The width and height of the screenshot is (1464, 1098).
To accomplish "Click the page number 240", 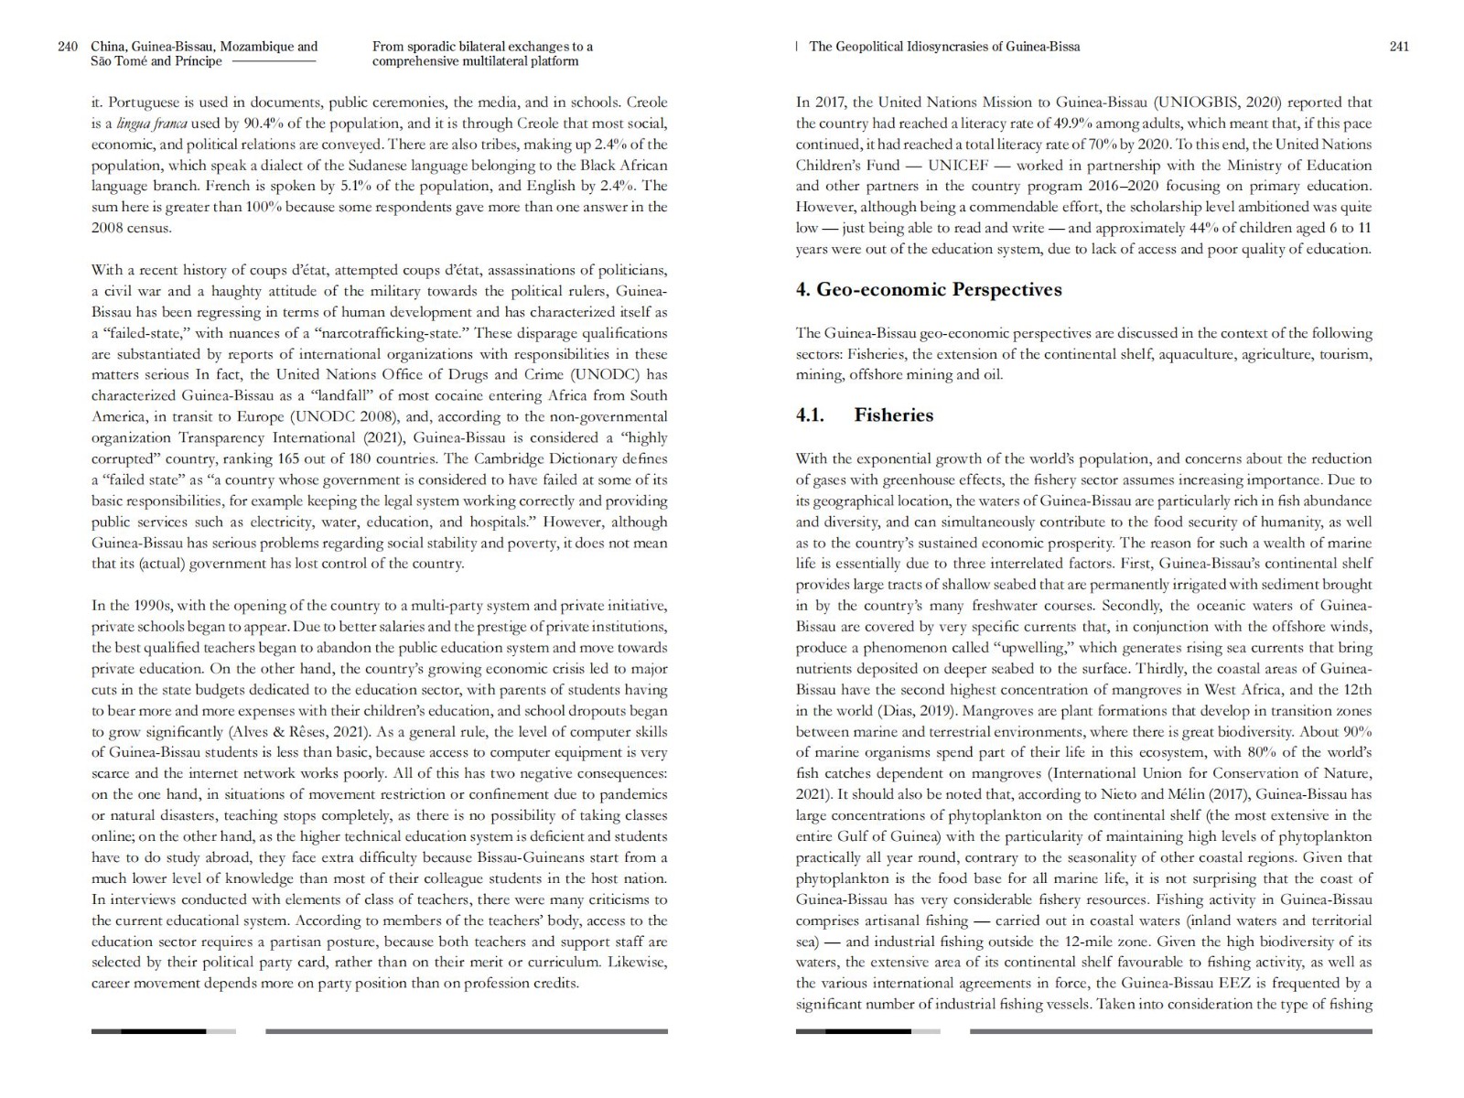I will tap(67, 47).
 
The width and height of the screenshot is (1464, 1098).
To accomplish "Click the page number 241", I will tap(1398, 47).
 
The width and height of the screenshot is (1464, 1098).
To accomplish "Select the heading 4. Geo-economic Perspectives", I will tap(928, 290).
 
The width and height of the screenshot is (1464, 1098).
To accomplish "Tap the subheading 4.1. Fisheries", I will tap(865, 415).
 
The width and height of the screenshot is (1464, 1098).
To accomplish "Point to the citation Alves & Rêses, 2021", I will tap(291, 732).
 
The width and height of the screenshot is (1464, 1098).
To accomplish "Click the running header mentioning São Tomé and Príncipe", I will tap(156, 61).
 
